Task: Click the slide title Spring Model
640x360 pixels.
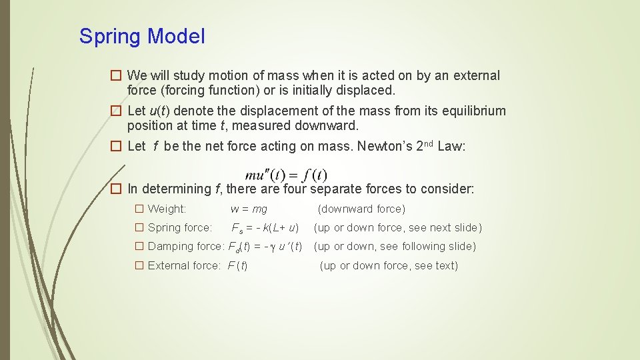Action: (x=142, y=36)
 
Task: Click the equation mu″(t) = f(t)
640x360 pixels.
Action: (x=286, y=175)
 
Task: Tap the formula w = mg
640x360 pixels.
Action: (x=249, y=209)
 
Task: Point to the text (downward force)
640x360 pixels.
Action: (x=361, y=209)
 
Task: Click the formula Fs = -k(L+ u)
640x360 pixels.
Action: (x=265, y=228)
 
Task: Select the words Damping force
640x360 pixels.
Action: (x=185, y=247)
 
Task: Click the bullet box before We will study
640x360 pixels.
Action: (x=116, y=76)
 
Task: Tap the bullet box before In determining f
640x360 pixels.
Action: (x=116, y=189)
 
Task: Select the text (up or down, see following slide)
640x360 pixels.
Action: (x=395, y=247)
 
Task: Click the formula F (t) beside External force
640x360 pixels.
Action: (x=237, y=265)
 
